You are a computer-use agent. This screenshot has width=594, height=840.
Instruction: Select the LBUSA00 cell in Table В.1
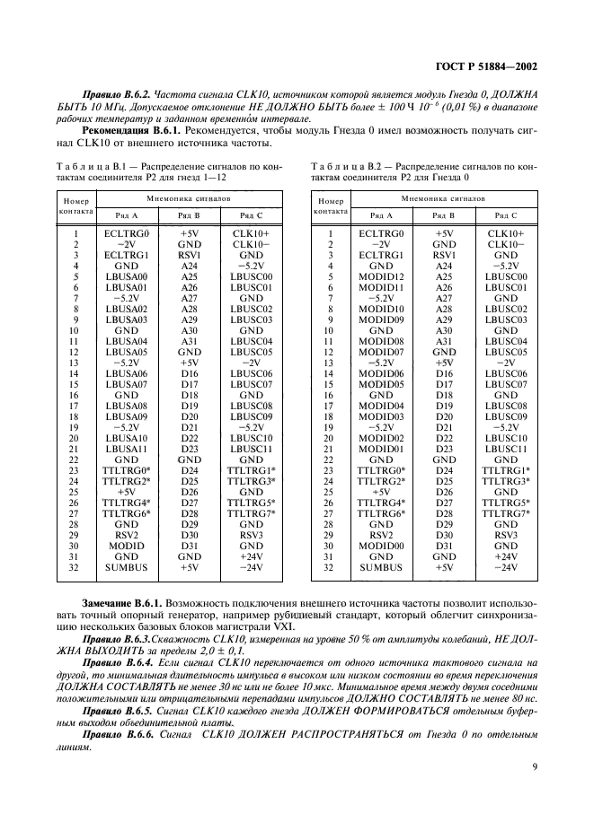pyautogui.click(x=127, y=276)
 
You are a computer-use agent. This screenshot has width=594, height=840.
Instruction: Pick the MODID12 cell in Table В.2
pyautogui.click(x=381, y=276)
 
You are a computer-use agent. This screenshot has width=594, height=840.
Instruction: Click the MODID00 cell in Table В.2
pyautogui.click(x=381, y=546)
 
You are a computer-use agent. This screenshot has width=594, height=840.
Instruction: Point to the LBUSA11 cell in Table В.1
pyautogui.click(x=127, y=449)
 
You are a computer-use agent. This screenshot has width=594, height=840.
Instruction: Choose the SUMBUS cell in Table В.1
pyautogui.click(x=127, y=567)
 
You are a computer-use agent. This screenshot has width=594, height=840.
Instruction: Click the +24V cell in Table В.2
pyautogui.click(x=506, y=556)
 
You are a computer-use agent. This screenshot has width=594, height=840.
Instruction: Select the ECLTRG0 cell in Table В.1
pyautogui.click(x=127, y=233)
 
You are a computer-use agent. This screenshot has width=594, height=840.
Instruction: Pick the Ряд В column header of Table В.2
pyautogui.click(x=443, y=215)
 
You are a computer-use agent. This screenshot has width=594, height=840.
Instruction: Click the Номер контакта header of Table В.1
pyautogui.click(x=75, y=206)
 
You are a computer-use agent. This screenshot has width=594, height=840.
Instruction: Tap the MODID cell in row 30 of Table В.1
pyautogui.click(x=127, y=546)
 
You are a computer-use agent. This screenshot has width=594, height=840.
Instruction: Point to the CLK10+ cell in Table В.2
pyautogui.click(x=506, y=233)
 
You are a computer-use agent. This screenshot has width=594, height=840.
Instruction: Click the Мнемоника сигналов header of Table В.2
pyautogui.click(x=443, y=196)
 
